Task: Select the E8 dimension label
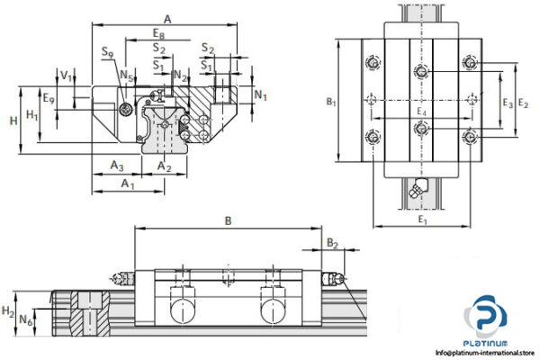click(x=158, y=33)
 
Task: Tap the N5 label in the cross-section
click(x=127, y=76)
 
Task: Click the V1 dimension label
click(x=66, y=75)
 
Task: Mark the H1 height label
click(x=32, y=115)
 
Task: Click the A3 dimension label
click(x=116, y=166)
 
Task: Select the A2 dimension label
click(x=164, y=166)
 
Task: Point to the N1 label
click(x=260, y=94)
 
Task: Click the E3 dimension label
click(x=507, y=102)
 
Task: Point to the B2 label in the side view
click(x=332, y=243)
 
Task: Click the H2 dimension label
click(x=8, y=310)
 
